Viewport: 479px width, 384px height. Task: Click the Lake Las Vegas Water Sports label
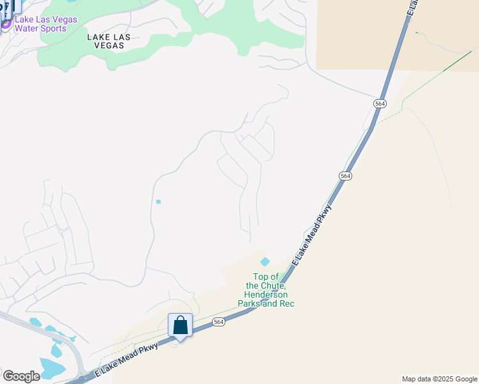tap(45, 24)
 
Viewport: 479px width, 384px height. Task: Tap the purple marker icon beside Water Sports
tap(6, 24)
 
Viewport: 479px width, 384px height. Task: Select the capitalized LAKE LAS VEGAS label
tap(109, 41)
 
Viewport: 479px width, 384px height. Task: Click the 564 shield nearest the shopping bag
tap(219, 322)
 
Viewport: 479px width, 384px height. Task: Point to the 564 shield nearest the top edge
tap(380, 103)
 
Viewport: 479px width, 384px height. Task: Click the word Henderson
tap(266, 294)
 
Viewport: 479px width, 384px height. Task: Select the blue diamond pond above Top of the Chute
tap(264, 261)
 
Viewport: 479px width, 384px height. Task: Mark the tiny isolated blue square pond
tap(158, 202)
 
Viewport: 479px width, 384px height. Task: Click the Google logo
tap(21, 376)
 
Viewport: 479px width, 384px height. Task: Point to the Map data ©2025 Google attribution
tap(439, 379)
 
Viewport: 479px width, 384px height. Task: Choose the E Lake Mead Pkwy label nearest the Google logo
tap(126, 359)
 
